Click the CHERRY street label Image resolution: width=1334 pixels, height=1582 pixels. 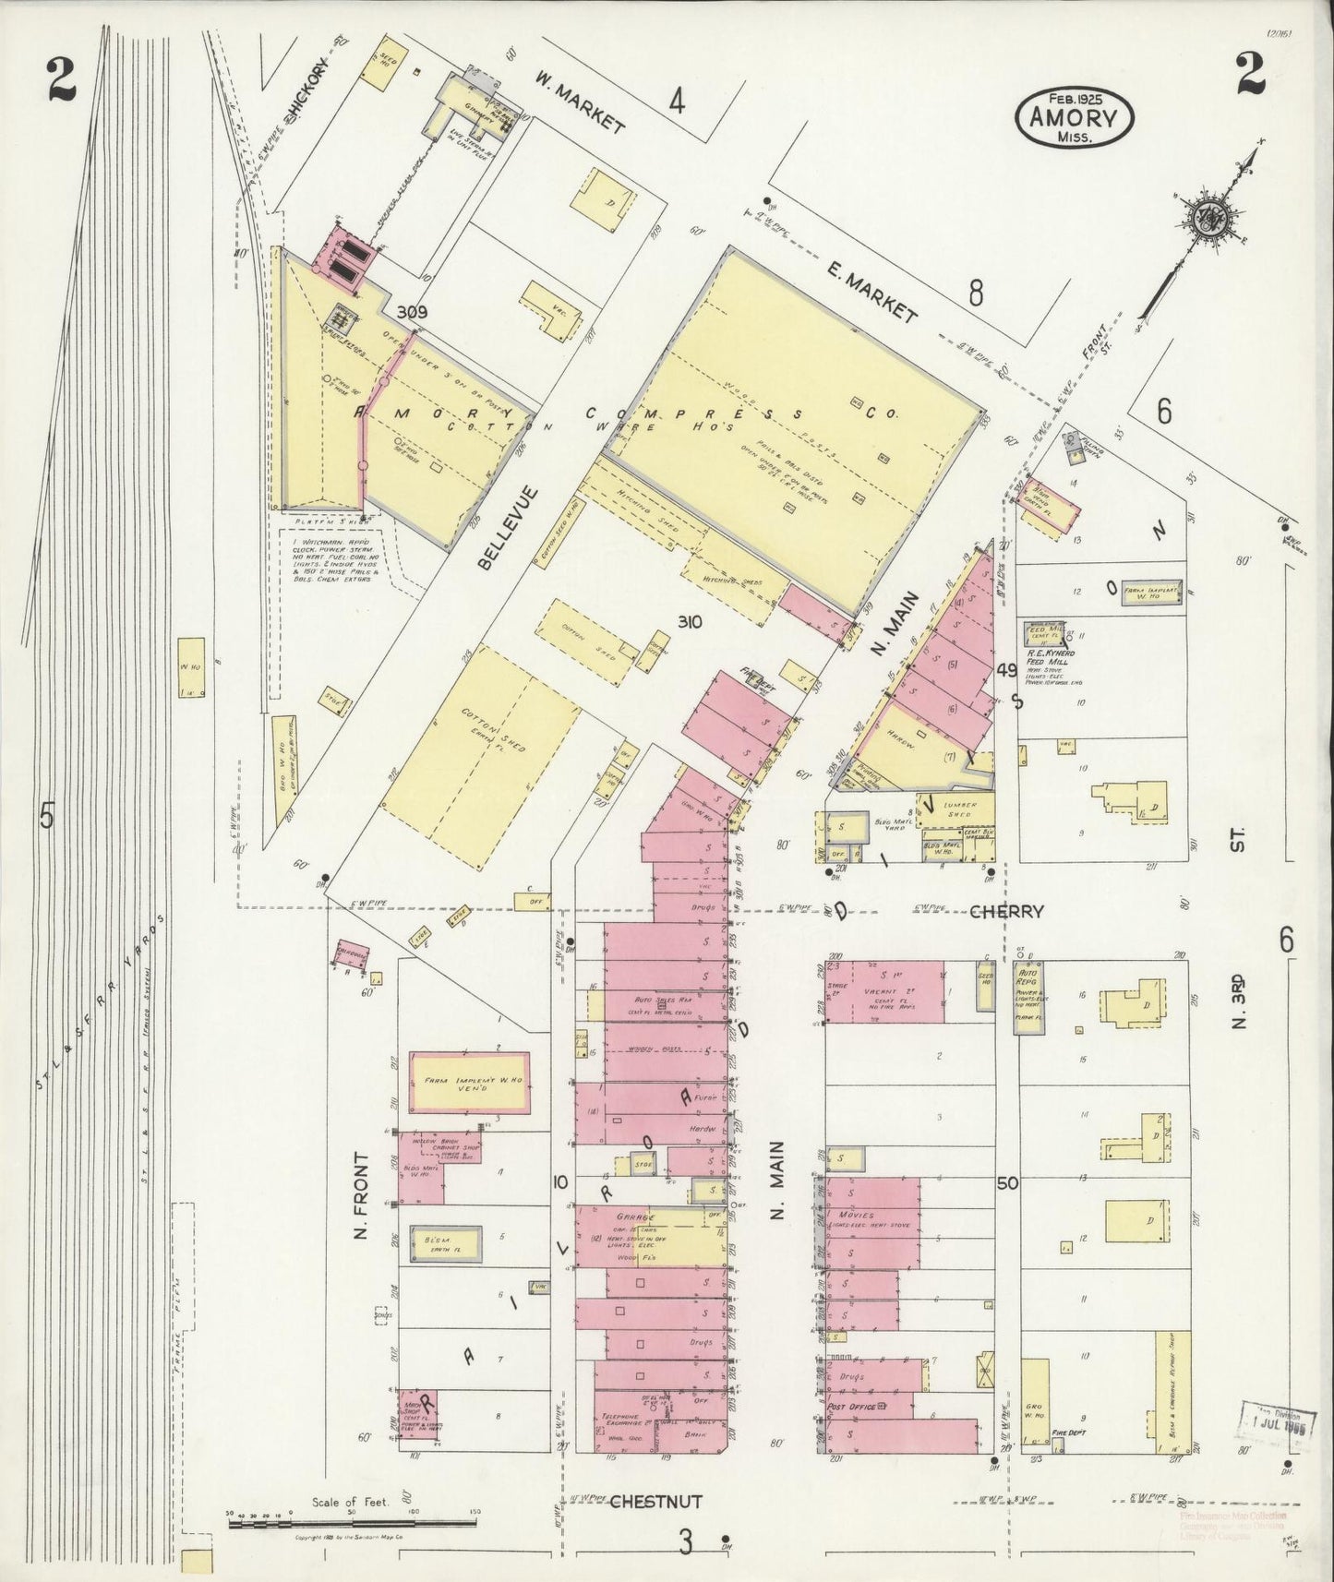(1006, 911)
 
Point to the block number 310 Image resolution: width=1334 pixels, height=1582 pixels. (690, 622)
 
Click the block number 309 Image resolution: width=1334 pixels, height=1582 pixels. (412, 313)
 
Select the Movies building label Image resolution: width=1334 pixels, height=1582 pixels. (855, 1216)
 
